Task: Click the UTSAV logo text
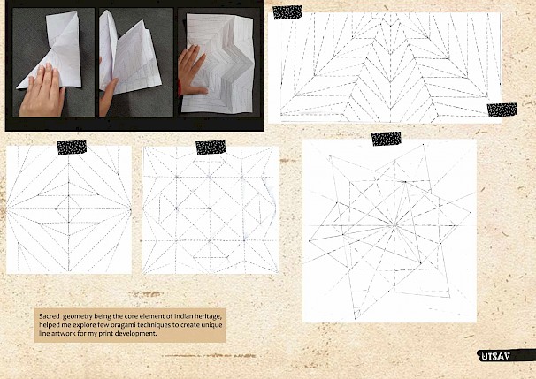pyautogui.click(x=495, y=356)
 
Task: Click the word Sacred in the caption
pyautogui.click(x=49, y=316)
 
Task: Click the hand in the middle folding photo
pyautogui.click(x=108, y=95)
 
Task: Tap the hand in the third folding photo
pyautogui.click(x=190, y=71)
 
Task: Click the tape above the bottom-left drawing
pyautogui.click(x=72, y=148)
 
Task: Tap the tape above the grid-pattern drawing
pyautogui.click(x=211, y=148)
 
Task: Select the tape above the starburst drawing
pyautogui.click(x=387, y=139)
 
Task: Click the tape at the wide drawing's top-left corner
pyautogui.click(x=287, y=12)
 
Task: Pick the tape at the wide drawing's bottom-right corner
pyautogui.click(x=502, y=110)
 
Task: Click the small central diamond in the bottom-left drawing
pyautogui.click(x=68, y=208)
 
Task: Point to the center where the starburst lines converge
pyautogui.click(x=395, y=225)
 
